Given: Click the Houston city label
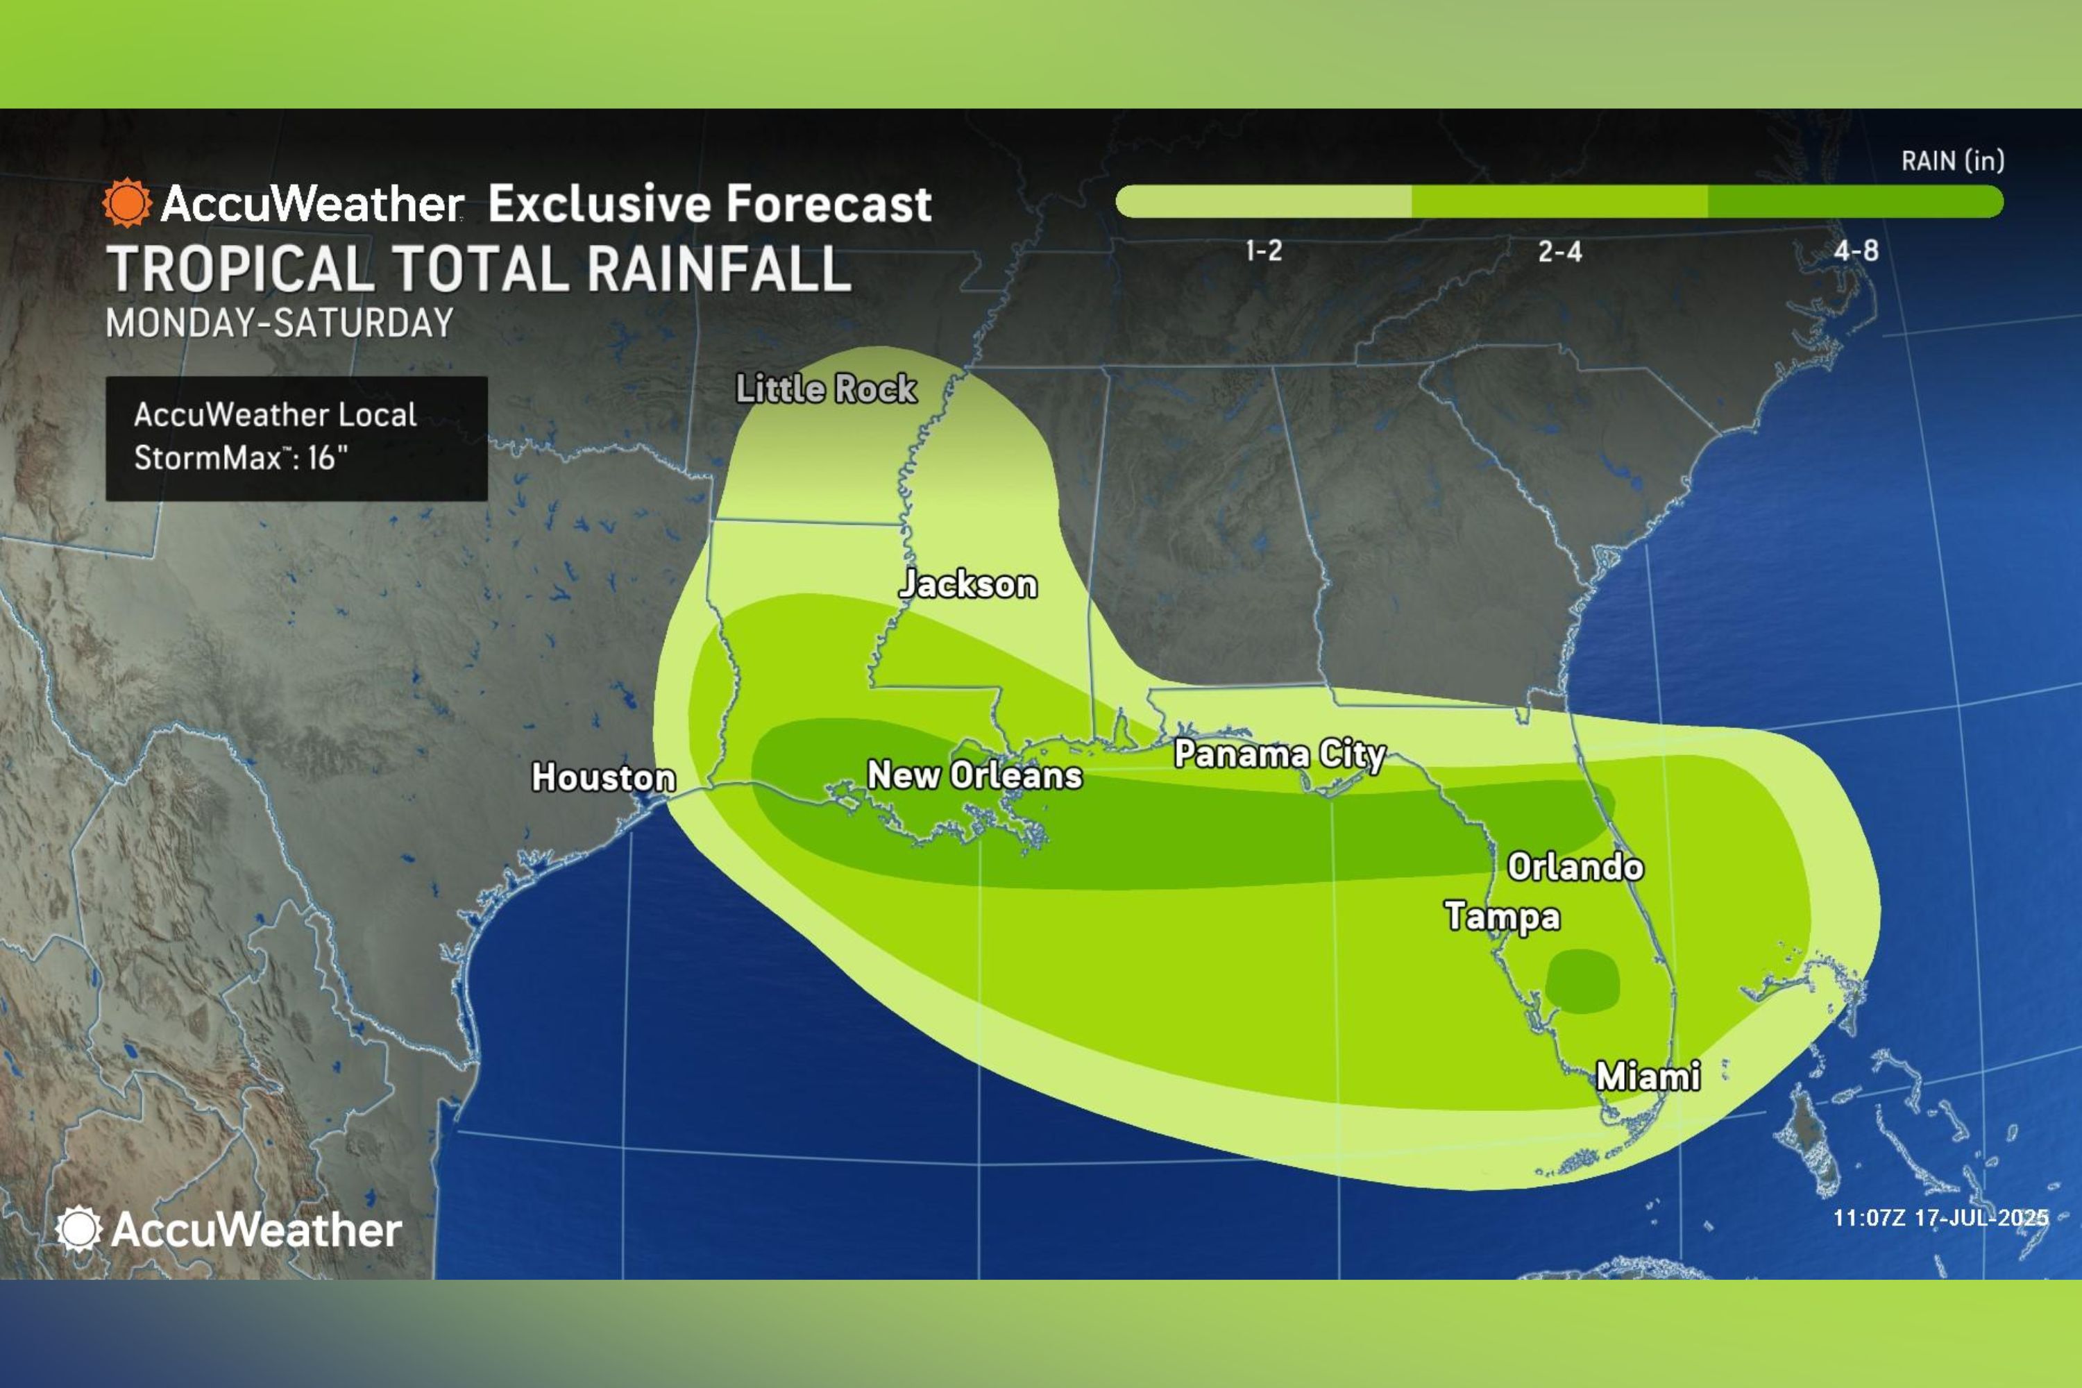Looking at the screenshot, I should coord(603,777).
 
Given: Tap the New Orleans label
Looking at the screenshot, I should coord(974,775).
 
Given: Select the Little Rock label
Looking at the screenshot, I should coord(826,389).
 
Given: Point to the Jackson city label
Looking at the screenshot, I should coord(967,584).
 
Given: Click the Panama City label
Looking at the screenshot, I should coord(1279,754).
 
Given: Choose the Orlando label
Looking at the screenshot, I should coord(1575,867).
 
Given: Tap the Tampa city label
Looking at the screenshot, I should coord(1503,916).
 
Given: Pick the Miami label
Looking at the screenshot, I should coord(1648,1076).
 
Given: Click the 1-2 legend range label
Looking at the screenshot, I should coord(1263,251).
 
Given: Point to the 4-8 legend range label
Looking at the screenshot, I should coord(1855,251).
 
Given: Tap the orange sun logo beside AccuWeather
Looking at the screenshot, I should coord(126,203).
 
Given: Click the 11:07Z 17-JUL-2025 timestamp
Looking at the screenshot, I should coord(1940,1218).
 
